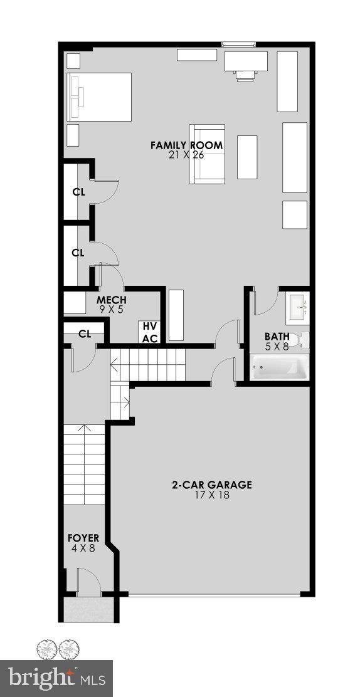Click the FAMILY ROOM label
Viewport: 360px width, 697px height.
coord(186,145)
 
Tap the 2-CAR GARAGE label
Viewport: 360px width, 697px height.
coord(212,485)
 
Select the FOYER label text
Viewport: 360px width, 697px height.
coord(83,538)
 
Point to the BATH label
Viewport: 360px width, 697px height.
coord(277,337)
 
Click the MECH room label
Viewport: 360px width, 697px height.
coord(112,300)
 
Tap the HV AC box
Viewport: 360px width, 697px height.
coord(149,332)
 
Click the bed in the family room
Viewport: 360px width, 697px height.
coord(99,97)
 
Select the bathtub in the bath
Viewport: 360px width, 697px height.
coord(280,367)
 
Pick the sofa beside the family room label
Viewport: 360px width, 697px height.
coord(206,154)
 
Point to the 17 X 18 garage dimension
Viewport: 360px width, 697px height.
coord(212,495)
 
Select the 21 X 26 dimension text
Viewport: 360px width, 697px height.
coord(186,155)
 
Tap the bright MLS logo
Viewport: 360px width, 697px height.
coord(56,678)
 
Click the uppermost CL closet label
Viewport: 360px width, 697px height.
coord(78,192)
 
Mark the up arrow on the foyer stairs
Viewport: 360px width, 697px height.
coord(85,431)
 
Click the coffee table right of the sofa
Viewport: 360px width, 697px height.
coord(247,157)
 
